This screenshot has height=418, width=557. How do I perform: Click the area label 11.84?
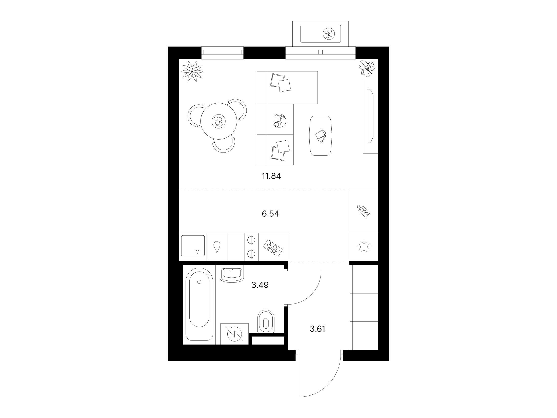[x=271, y=176]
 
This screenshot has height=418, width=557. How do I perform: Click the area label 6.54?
[x=270, y=214]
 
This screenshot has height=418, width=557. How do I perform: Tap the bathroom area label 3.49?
[x=260, y=285]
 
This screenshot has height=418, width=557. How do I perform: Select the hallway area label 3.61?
[x=317, y=329]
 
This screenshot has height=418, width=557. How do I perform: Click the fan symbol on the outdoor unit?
[x=329, y=33]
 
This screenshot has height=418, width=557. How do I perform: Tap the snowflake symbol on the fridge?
[x=364, y=247]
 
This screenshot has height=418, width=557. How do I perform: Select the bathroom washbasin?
[x=231, y=274]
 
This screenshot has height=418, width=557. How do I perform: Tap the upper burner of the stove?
[x=251, y=240]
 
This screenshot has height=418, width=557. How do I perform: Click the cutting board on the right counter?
[x=364, y=211]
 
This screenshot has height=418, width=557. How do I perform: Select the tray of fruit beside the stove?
[x=273, y=250]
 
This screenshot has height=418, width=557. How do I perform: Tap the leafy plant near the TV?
[x=367, y=68]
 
